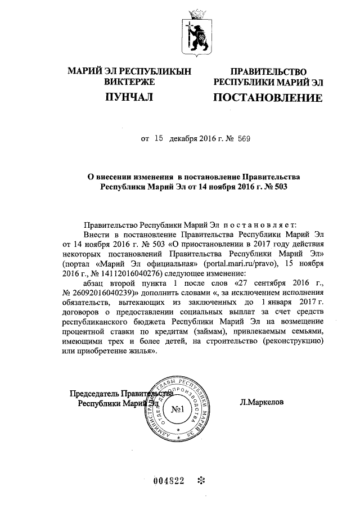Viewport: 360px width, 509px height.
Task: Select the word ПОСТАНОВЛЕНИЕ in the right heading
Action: pyautogui.click(x=267, y=99)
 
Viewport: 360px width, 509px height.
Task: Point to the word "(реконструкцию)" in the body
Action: pyautogui.click(x=289, y=341)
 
